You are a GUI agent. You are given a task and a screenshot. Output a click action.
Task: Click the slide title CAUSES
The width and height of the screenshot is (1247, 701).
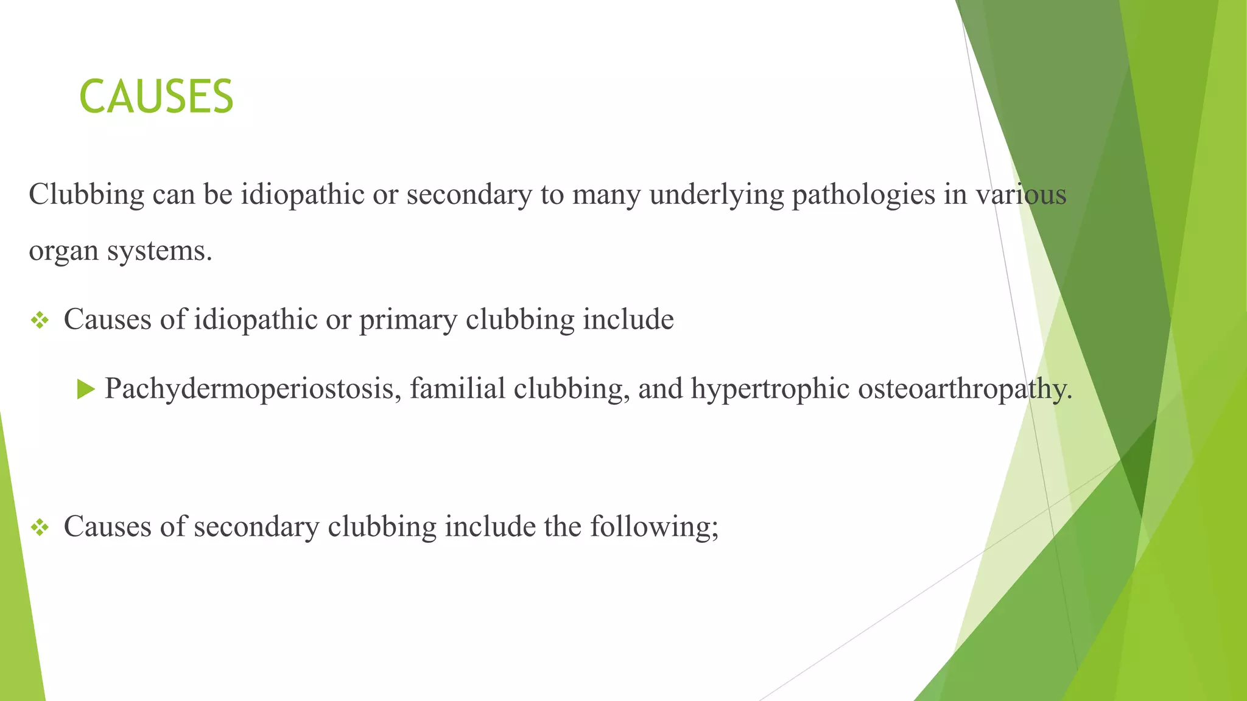pyautogui.click(x=156, y=97)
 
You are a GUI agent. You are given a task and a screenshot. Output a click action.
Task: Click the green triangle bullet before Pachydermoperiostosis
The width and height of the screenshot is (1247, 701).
pyautogui.click(x=86, y=389)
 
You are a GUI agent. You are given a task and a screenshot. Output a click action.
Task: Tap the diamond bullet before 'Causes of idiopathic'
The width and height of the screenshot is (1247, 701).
pyautogui.click(x=40, y=320)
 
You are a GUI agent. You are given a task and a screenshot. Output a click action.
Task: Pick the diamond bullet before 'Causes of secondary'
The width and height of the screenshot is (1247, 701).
pyautogui.click(x=40, y=527)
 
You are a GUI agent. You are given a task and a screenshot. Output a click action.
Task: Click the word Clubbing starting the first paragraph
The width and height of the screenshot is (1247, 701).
pyautogui.click(x=86, y=195)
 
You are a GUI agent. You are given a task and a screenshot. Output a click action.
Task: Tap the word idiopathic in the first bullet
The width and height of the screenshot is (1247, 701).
pyautogui.click(x=255, y=320)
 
